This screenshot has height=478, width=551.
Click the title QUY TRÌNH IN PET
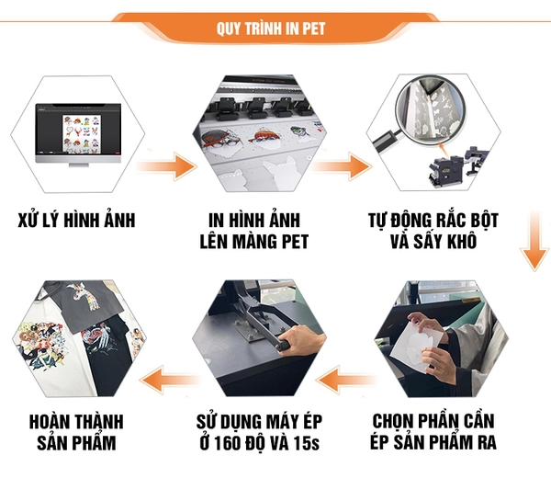(271, 28)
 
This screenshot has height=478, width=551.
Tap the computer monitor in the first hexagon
(78, 133)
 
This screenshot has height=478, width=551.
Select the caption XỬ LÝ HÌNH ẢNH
(76, 221)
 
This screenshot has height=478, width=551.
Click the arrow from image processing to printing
(165, 166)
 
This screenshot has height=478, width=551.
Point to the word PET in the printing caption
(295, 242)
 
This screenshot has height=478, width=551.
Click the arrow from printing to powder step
(341, 166)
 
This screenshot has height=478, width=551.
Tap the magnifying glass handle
(387, 140)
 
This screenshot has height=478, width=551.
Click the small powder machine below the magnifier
(455, 166)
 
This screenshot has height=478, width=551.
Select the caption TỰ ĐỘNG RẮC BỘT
(433, 221)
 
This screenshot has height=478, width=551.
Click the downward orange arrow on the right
(534, 241)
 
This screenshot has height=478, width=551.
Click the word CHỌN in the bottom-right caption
(392, 421)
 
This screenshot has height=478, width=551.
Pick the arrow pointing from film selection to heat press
(346, 380)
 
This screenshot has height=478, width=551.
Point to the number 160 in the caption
(228, 443)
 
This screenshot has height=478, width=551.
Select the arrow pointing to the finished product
(169, 379)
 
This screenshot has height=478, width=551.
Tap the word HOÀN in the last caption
(47, 421)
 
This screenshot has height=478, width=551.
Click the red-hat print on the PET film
(266, 137)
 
